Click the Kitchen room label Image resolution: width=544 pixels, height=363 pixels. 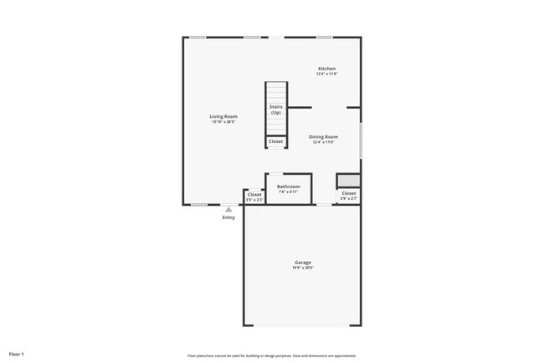tap(326, 69)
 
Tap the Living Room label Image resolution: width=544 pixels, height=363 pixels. tap(223, 116)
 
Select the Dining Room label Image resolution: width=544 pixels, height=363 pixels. tap(324, 136)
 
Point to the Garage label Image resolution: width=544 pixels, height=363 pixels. tap(302, 263)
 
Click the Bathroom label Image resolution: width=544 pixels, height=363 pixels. tap(289, 187)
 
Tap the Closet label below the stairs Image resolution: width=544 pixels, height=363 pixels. tap(276, 141)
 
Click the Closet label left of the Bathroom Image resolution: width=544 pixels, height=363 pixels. tap(254, 194)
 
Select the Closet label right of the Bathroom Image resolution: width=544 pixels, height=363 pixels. tap(348, 193)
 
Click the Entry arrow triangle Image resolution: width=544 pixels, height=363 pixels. tap(228, 209)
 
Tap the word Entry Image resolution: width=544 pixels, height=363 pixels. tap(228, 217)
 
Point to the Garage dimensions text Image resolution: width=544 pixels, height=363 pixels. tap(302, 268)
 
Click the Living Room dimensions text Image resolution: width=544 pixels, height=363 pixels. tap(223, 122)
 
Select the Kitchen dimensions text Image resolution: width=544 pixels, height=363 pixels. tap(326, 74)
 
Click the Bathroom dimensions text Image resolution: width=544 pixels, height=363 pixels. tap(289, 192)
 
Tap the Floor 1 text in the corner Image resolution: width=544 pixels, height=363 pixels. tap(17, 355)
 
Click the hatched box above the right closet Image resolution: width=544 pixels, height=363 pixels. tap(348, 181)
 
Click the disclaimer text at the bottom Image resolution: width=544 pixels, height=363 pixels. tap(272, 355)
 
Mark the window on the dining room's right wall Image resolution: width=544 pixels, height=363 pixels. tap(361, 139)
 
